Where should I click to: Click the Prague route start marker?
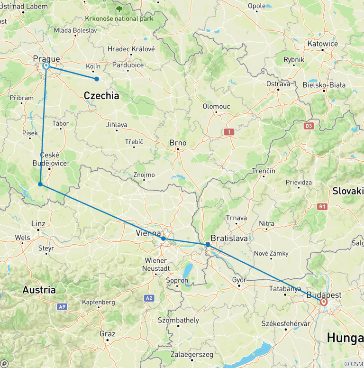pos(46,66)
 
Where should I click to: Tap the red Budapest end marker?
pos(324,302)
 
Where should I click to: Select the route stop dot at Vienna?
pos(163,239)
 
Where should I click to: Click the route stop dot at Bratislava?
pos(208,245)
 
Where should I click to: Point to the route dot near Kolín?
pos(97,79)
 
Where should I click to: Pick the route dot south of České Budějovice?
pos(40,184)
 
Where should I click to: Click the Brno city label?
pos(178,143)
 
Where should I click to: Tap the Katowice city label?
pos(322,44)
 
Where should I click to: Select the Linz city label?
pos(38,223)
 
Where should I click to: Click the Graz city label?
pos(108,334)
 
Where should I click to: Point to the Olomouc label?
pos(216,106)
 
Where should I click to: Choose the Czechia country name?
pos(101,96)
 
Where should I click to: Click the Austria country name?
pos(39,289)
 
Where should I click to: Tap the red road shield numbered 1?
pos(230,132)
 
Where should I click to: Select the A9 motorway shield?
pos(62,307)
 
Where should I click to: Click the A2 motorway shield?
pos(149,298)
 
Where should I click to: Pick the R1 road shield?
pos(323,206)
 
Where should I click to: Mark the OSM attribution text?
pos(353,364)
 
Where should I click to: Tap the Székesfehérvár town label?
pos(285,323)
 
